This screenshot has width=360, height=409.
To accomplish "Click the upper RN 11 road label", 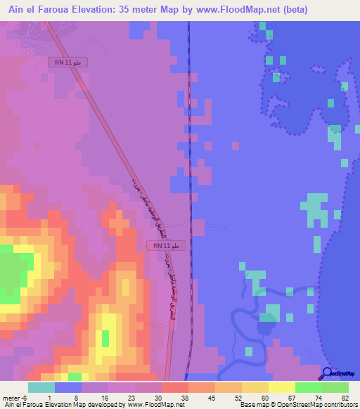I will (x=68, y=63).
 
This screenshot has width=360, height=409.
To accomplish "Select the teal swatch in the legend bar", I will (x=41, y=387).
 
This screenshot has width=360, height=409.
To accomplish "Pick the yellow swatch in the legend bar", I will (x=282, y=387).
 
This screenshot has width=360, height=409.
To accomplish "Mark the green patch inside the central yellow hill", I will (x=105, y=338).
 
